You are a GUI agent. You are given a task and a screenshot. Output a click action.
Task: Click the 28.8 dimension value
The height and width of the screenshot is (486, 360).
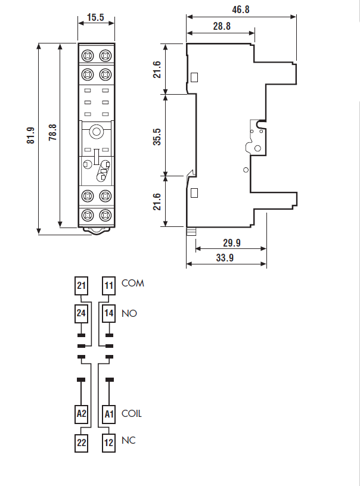click(x=221, y=26)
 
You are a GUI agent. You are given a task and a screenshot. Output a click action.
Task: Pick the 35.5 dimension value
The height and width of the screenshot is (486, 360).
click(x=157, y=136)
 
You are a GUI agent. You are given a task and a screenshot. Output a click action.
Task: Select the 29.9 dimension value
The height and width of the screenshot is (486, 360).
click(x=230, y=242)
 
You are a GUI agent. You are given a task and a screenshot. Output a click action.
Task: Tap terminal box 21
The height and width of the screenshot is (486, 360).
click(x=82, y=286)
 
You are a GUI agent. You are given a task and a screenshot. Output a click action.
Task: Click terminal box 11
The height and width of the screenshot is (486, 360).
click(x=108, y=286)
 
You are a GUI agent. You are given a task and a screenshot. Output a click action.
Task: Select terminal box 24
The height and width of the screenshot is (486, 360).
click(x=82, y=313)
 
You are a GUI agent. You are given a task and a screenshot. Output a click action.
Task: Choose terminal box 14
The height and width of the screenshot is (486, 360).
click(x=108, y=313)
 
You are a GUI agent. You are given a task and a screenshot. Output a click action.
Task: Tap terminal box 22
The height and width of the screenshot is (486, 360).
click(x=82, y=443)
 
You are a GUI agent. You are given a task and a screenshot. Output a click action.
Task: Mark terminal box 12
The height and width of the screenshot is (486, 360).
click(x=108, y=443)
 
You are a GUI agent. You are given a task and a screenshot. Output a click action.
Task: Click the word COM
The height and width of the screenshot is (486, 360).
click(x=133, y=283)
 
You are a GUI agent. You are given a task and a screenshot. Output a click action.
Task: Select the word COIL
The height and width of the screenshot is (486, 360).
click(x=132, y=413)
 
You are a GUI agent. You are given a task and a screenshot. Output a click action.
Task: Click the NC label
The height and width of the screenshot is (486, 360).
click(x=128, y=441)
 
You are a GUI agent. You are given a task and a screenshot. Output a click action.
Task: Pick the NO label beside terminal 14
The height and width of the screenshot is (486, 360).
click(x=129, y=313)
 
